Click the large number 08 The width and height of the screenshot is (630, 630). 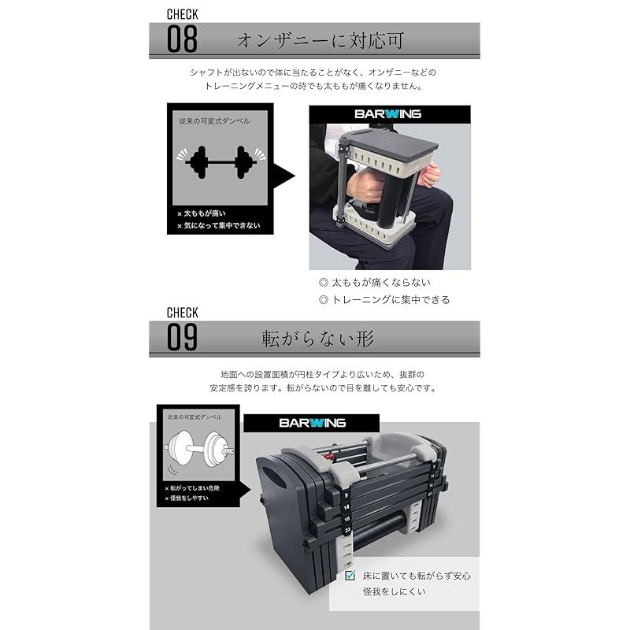[x=182, y=39]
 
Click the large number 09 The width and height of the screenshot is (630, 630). [x=182, y=338]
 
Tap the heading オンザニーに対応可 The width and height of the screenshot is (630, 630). [x=321, y=41]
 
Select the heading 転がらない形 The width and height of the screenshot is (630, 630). [x=318, y=339]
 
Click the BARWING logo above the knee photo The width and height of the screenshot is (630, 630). [x=387, y=114]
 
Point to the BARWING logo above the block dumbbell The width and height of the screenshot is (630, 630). [x=312, y=423]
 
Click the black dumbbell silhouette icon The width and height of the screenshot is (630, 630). [x=221, y=162]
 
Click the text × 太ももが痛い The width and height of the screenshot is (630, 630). [x=202, y=213]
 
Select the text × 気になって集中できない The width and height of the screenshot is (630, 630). [x=219, y=226]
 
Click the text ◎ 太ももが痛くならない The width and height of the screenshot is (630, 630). [x=375, y=283]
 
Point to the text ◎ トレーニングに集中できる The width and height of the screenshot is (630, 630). [x=384, y=300]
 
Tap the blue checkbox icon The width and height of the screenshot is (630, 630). [x=350, y=576]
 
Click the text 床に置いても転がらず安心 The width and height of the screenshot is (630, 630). [x=417, y=576]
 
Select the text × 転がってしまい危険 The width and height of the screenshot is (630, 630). [x=192, y=488]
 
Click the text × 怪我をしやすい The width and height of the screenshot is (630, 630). [x=187, y=498]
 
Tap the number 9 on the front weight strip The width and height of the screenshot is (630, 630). [x=346, y=496]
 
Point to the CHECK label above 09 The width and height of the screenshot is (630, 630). [x=183, y=313]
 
